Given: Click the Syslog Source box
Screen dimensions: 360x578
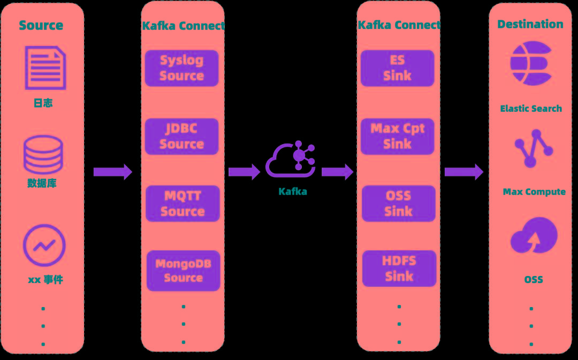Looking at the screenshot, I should point(182,68).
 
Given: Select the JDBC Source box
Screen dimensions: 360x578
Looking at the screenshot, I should point(182,136).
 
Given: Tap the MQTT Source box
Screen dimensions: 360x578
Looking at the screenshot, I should point(182,204).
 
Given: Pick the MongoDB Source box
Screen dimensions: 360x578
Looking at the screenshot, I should point(184,271).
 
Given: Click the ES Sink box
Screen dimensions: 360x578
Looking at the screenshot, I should point(397,68).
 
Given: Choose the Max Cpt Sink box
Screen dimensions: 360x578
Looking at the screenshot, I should point(398,136).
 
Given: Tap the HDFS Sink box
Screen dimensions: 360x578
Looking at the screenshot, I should point(399,269).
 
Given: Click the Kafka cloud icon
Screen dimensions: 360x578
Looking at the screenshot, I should point(291,160).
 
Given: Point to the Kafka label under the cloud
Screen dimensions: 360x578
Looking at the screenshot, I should point(293,192).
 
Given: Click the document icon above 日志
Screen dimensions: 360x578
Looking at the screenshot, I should point(45,68).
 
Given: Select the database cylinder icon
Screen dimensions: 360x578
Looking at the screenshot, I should point(43,155).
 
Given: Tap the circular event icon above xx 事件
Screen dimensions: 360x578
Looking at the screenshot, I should point(44,246).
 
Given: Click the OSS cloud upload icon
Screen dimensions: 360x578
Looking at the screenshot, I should point(534,235).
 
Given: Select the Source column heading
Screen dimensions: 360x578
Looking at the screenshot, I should point(41,25).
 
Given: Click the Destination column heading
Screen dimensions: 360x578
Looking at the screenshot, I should point(530,24).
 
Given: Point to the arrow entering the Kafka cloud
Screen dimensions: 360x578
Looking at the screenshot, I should point(244,172).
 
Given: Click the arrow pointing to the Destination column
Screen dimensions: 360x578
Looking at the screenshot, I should point(463,172).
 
